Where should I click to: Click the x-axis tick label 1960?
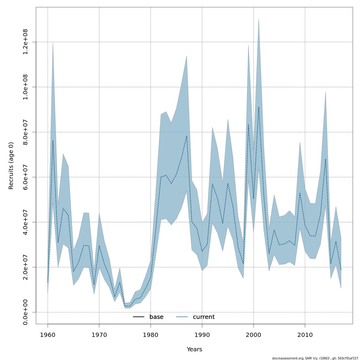click(x=48, y=334)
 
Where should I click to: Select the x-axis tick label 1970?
click(x=99, y=334)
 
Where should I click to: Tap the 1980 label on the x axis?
click(x=151, y=334)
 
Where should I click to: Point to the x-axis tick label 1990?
click(x=202, y=334)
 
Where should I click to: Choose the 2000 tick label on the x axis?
click(x=253, y=334)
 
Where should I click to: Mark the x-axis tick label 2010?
click(x=305, y=334)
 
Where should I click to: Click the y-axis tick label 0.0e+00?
click(x=25, y=312)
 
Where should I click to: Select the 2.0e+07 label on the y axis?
click(x=25, y=267)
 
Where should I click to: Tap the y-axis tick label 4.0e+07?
click(x=25, y=222)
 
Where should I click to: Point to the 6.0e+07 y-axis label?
click(x=25, y=177)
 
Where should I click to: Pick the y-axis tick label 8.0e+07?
click(x=25, y=132)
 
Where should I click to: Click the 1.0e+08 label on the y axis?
click(x=25, y=87)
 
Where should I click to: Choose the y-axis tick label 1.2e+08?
click(x=25, y=42)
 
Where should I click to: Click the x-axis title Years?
click(x=194, y=349)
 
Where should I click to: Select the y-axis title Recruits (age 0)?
click(x=11, y=166)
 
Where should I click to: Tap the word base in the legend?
click(x=156, y=317)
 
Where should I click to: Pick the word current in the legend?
click(x=204, y=317)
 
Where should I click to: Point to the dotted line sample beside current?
click(x=182, y=317)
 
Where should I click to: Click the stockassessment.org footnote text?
click(x=315, y=358)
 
